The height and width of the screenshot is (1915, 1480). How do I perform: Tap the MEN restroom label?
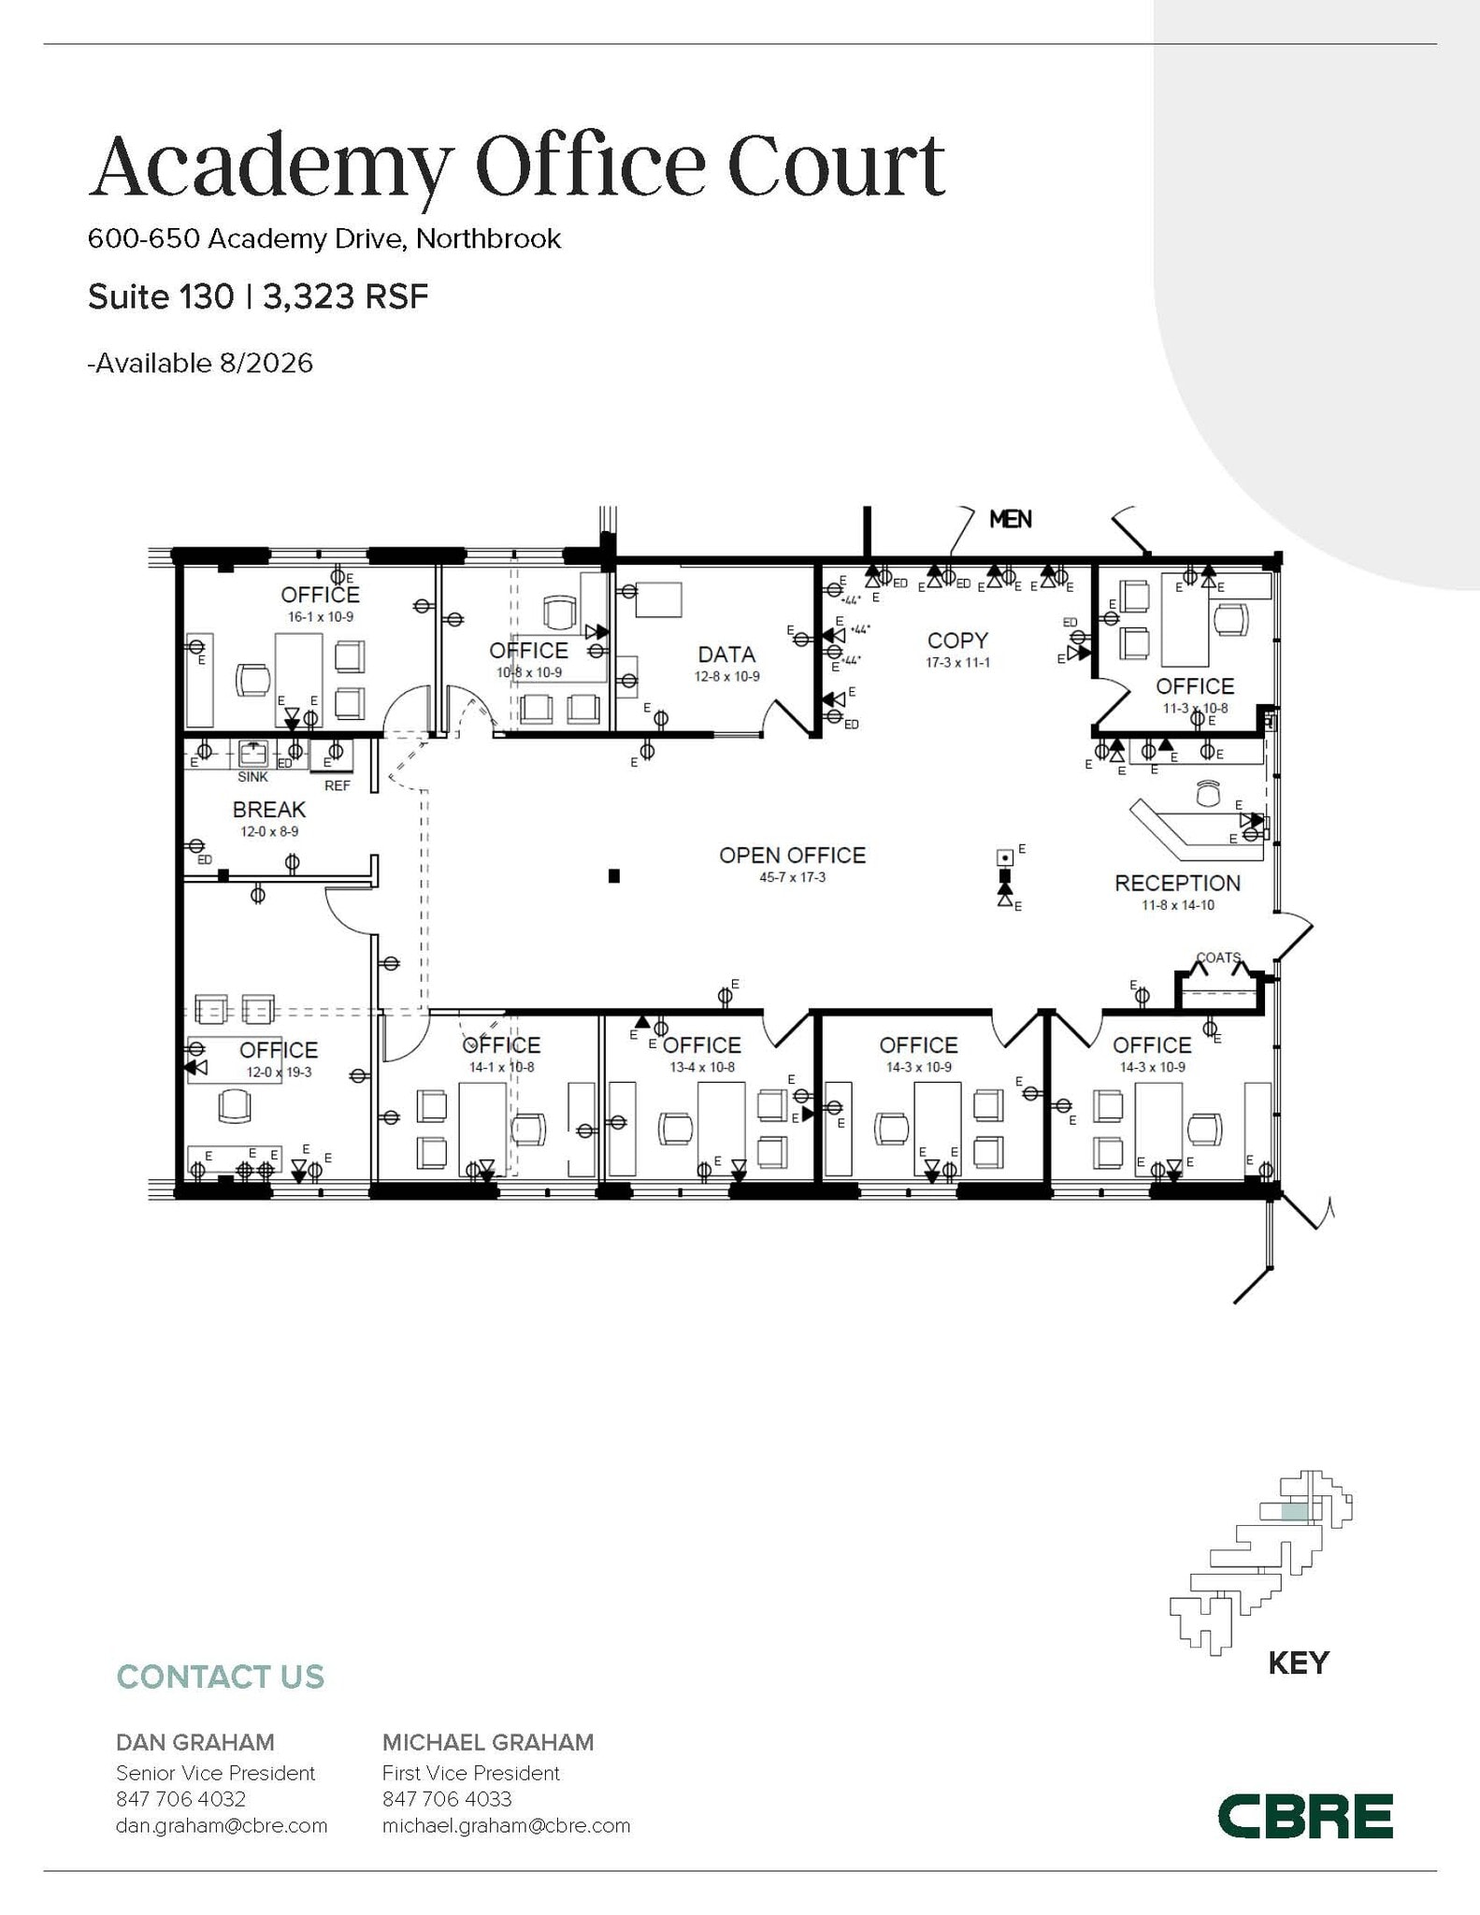(1010, 519)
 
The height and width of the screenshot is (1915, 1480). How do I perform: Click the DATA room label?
(726, 655)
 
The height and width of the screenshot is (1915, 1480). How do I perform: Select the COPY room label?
(957, 641)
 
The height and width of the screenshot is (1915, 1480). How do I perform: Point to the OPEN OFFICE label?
(792, 855)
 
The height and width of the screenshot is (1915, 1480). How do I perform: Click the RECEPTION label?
(1177, 883)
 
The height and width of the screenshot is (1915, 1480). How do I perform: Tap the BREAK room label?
(269, 809)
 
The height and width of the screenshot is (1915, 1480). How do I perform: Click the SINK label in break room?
(252, 777)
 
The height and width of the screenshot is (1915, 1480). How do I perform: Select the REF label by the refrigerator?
(337, 785)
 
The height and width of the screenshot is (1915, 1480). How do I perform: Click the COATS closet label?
(1218, 957)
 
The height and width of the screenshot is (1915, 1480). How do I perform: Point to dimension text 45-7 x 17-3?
(792, 878)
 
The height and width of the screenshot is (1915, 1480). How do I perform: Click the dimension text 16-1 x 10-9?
(321, 617)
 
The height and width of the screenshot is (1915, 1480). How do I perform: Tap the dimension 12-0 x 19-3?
(279, 1073)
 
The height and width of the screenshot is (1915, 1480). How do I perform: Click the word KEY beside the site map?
(1298, 1663)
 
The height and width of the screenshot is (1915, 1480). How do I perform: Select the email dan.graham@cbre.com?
(222, 1825)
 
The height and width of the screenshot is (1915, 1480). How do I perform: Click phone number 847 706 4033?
(447, 1799)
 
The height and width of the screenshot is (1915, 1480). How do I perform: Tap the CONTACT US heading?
(220, 1677)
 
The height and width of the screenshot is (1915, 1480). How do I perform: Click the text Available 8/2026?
(201, 363)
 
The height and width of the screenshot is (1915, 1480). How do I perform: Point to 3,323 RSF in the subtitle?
(345, 296)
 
